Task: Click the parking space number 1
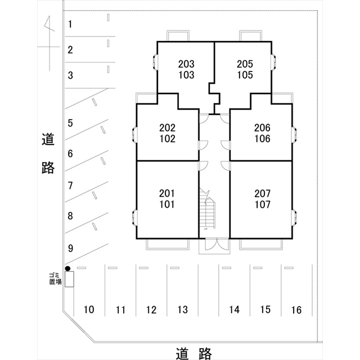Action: pos(70,24)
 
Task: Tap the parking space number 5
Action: pos(70,123)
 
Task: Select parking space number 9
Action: pos(70,247)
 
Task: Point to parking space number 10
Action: pos(88,309)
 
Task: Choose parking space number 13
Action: pos(182,309)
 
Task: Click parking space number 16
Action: pos(296,309)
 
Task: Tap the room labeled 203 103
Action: pos(186,69)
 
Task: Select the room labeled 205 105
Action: pos(244,69)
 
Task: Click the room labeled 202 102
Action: pos(167,133)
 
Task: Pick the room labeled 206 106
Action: pos(262,133)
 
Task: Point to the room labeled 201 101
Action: pos(167,199)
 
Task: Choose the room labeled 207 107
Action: pos(262,199)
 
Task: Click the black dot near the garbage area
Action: pos(67,268)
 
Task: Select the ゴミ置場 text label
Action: pos(55,278)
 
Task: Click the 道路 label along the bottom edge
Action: pos(193,353)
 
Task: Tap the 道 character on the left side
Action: pos(48,140)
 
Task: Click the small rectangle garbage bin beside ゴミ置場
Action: pos(69,280)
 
